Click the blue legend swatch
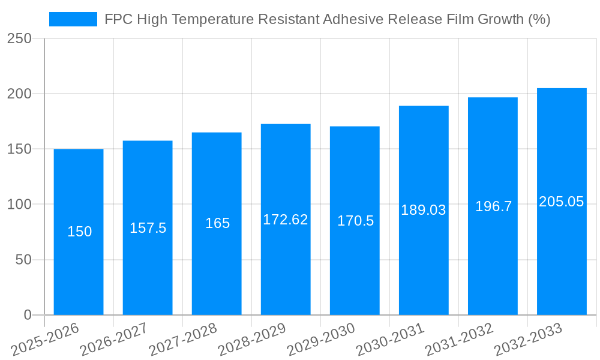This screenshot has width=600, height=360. (73, 19)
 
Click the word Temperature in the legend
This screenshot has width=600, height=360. (212, 19)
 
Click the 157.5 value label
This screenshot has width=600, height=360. (148, 228)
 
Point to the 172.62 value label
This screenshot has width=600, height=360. (286, 220)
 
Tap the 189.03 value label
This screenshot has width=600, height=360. (424, 210)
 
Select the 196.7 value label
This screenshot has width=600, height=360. (493, 206)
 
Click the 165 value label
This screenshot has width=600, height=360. (217, 223)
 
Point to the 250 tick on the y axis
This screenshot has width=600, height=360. (19, 39)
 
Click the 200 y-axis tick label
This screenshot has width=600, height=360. (19, 94)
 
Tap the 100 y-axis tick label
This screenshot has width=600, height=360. (19, 205)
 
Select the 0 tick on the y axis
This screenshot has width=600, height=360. (28, 315)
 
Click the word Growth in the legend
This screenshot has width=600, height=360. (501, 19)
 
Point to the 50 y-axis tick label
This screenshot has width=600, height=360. (23, 260)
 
